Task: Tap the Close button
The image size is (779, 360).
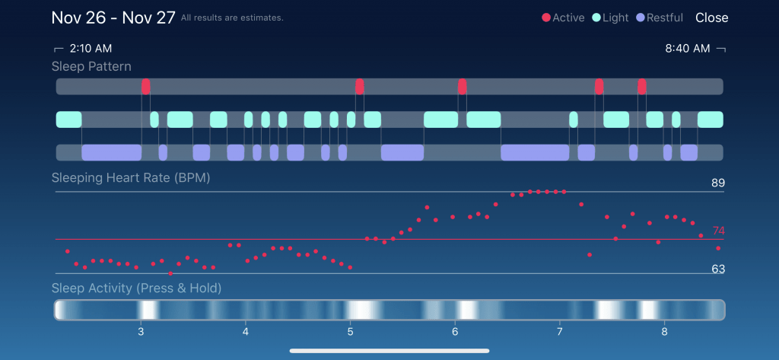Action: click(711, 18)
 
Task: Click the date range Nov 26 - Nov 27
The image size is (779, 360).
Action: click(113, 17)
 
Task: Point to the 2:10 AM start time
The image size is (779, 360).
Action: click(90, 49)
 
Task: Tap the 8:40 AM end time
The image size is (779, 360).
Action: click(688, 49)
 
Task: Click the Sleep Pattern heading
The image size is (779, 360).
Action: click(91, 66)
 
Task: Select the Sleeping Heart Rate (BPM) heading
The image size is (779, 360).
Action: click(130, 178)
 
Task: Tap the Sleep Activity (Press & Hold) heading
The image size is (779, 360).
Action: click(136, 288)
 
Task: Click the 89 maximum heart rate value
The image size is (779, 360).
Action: click(718, 183)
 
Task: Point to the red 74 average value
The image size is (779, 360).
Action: click(719, 231)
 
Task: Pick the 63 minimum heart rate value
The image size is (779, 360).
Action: click(718, 269)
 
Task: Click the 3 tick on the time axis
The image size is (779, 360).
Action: click(141, 332)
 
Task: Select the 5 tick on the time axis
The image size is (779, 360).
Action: click(350, 332)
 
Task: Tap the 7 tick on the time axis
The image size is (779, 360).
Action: click(559, 332)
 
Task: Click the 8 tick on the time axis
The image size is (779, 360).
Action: click(664, 332)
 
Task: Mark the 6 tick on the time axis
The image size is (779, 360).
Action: click(455, 332)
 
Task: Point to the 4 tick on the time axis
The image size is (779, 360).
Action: click(246, 332)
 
